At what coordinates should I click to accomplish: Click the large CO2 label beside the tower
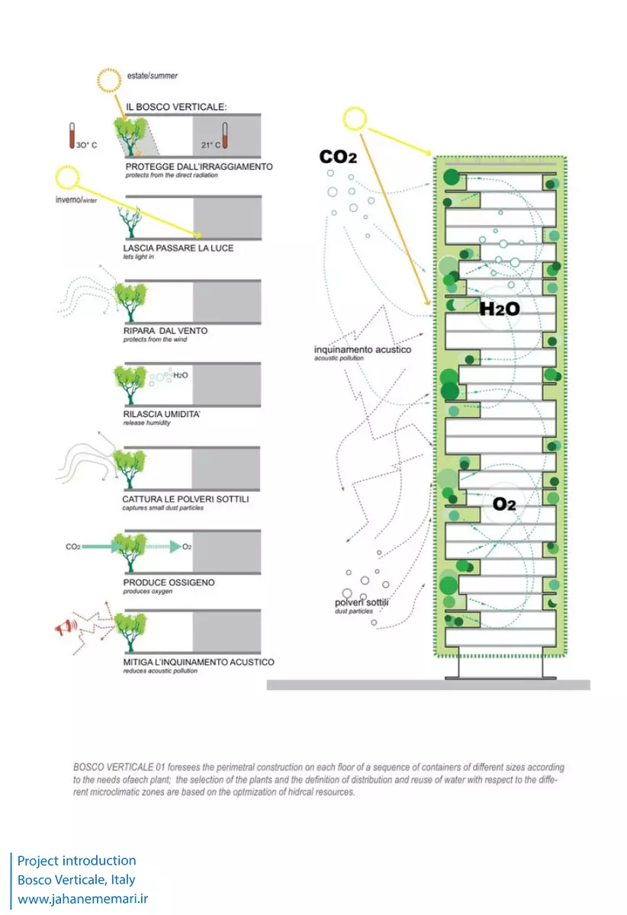pyautogui.click(x=339, y=157)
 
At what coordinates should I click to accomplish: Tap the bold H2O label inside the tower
pyautogui.click(x=499, y=309)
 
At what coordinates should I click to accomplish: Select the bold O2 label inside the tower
pyautogui.click(x=504, y=504)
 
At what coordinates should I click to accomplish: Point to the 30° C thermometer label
pyautogui.click(x=86, y=144)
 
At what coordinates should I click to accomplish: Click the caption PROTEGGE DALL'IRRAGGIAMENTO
pyautogui.click(x=198, y=166)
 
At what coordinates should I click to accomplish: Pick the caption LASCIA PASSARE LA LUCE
pyautogui.click(x=178, y=249)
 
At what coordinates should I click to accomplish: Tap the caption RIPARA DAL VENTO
pyautogui.click(x=165, y=331)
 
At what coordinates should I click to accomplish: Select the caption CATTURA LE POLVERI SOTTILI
pyautogui.click(x=185, y=499)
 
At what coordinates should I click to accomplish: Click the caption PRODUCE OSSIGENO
pyautogui.click(x=169, y=583)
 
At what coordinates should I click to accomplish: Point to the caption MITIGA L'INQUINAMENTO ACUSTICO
pyautogui.click(x=198, y=662)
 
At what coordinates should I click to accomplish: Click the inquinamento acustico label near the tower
pyautogui.click(x=362, y=350)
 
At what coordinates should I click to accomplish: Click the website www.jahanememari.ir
pyautogui.click(x=83, y=899)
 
